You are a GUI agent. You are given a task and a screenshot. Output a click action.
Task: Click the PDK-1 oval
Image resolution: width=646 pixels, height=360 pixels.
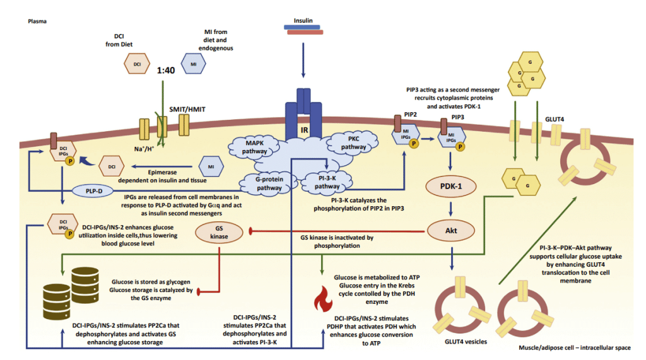coord(451,187)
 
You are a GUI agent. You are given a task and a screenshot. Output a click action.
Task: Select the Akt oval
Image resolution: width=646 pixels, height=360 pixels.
coord(451,231)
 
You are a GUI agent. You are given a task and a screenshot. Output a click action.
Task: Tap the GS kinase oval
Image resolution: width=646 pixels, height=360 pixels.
coord(219,233)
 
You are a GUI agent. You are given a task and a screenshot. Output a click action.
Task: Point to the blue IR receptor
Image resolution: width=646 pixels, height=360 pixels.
coord(303,113)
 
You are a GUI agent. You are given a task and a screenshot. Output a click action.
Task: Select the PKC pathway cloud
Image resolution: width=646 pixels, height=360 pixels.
coord(353,142)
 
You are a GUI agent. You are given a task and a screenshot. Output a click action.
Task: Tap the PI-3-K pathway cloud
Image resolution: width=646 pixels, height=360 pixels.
coord(327,182)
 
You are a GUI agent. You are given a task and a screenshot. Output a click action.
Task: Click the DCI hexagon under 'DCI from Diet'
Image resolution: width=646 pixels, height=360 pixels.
coord(136,63)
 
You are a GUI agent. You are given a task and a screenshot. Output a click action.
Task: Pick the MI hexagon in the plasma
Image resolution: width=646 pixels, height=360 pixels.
coord(193,63)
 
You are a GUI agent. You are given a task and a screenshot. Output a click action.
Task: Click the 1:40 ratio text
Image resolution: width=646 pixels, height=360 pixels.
coord(165,71)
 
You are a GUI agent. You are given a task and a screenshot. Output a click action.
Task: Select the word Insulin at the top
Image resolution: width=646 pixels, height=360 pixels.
coord(303,20)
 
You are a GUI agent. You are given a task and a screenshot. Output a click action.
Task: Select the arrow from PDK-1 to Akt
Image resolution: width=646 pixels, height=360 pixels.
coord(451,209)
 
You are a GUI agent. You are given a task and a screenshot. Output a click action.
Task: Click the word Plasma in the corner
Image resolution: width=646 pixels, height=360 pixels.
coord(38,21)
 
